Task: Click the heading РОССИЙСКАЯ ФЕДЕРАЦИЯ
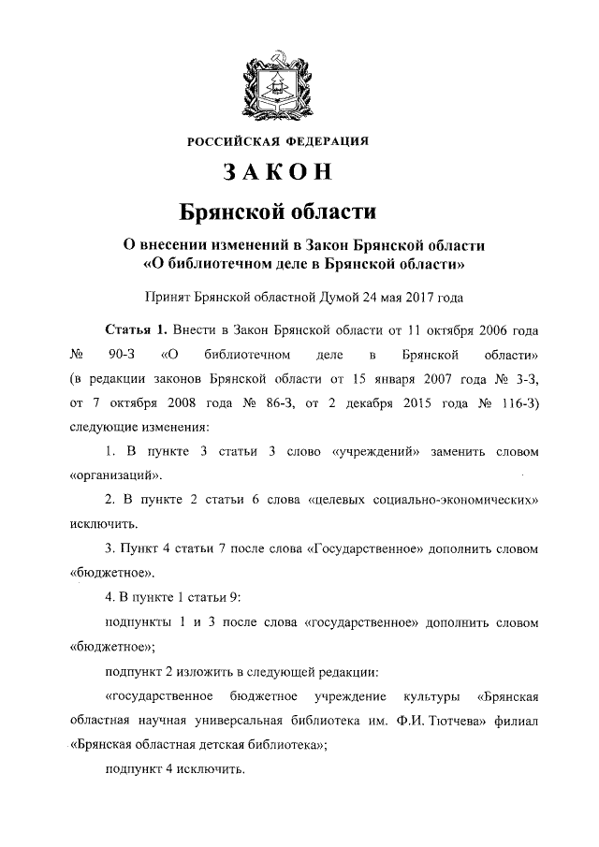coord(278,141)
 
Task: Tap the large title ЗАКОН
coord(277,174)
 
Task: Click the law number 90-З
coord(122,357)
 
